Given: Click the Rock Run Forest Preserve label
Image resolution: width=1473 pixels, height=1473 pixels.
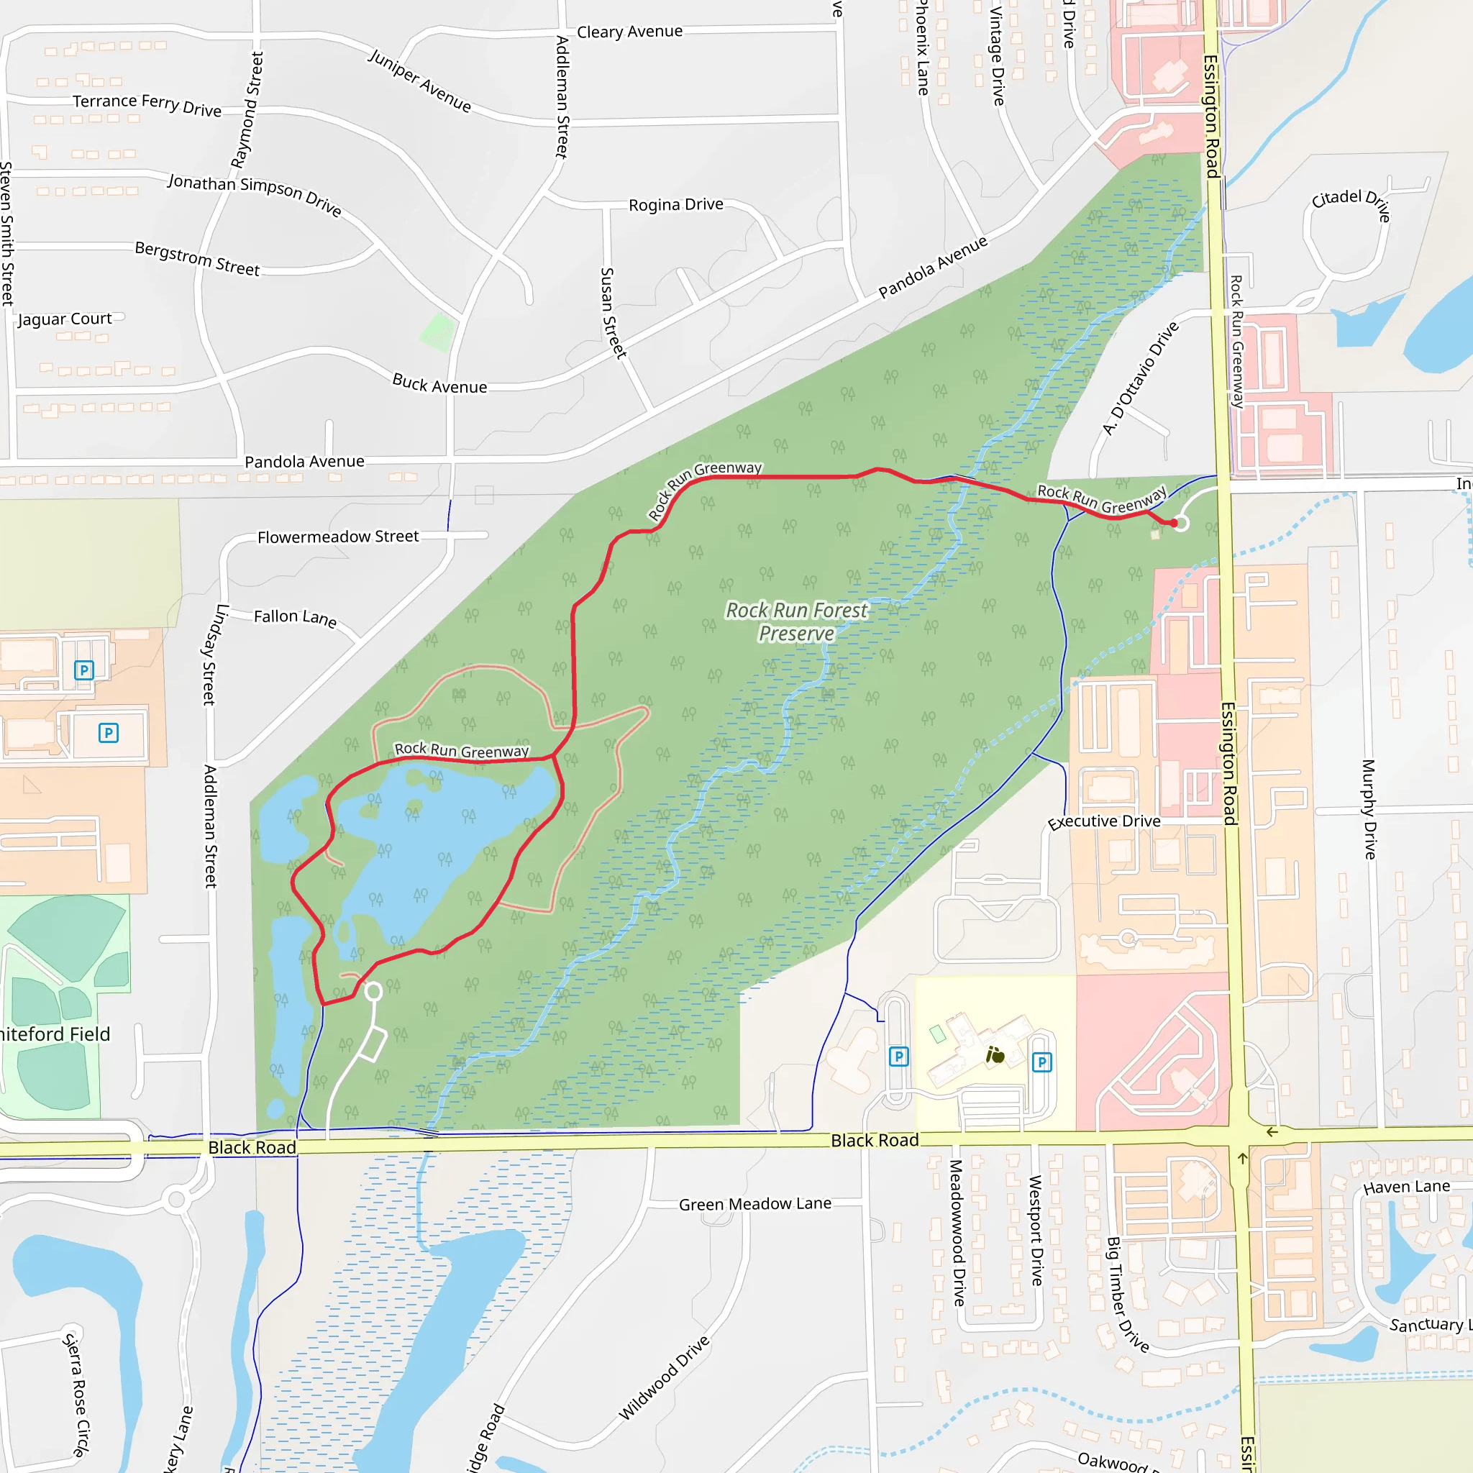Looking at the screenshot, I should [x=796, y=621].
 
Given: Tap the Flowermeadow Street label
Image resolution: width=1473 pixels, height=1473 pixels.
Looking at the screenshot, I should [x=338, y=537].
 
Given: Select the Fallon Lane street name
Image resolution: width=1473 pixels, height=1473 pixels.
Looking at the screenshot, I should [x=295, y=617].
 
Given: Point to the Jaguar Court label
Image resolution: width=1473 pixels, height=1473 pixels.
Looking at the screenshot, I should [x=65, y=319].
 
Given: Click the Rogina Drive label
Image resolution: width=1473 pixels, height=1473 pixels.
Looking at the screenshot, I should [x=675, y=204].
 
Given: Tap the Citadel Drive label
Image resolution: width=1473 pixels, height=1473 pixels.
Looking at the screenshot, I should [x=1351, y=203].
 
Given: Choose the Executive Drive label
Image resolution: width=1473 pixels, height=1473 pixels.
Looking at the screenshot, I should [x=1103, y=821].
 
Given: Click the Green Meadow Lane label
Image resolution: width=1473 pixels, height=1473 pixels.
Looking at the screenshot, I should [x=754, y=1204].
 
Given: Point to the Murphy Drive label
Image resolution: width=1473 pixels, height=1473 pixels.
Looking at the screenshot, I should [x=1369, y=809].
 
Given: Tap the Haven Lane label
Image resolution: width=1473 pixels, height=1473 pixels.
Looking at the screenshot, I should [x=1406, y=1187].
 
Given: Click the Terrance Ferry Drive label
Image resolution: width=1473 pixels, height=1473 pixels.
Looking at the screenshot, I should [x=147, y=104].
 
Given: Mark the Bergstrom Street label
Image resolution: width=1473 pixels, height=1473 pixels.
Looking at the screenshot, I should [x=198, y=258].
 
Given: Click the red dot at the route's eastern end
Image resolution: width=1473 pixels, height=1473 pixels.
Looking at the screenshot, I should [x=1173, y=523].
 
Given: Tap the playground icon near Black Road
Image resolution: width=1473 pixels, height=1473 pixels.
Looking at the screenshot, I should [x=995, y=1055].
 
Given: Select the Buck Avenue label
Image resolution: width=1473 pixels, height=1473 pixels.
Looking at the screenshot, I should [x=439, y=383].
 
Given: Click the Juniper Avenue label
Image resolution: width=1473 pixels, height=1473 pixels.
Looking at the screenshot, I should [x=420, y=80].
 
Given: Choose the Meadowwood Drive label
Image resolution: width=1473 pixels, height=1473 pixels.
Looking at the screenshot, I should [x=957, y=1232].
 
